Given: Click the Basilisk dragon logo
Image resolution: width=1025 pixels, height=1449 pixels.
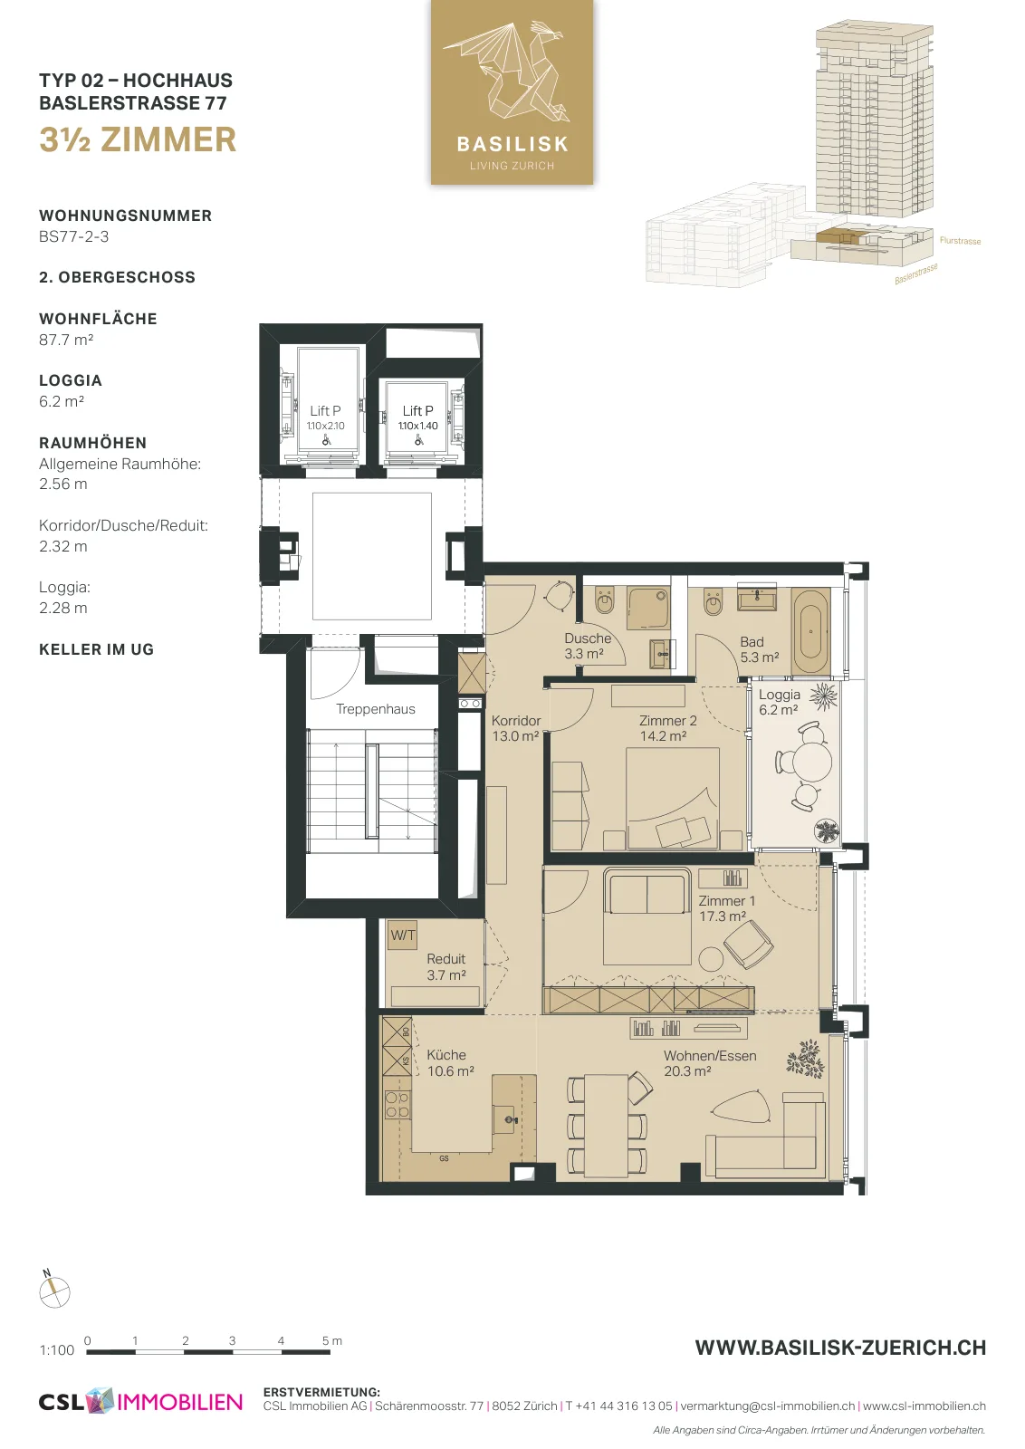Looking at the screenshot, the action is (x=512, y=92).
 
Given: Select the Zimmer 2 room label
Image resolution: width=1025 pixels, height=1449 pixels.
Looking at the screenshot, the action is (x=667, y=728).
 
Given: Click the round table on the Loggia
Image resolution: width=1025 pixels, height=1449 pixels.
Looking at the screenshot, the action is (x=813, y=762).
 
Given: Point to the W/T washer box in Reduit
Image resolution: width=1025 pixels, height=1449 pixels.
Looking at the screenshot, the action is (x=402, y=936).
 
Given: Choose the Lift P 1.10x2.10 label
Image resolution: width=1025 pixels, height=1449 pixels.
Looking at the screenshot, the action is (x=325, y=417).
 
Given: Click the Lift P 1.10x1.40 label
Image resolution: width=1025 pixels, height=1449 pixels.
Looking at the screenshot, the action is (x=417, y=417).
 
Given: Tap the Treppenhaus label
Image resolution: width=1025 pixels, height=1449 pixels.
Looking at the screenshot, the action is (x=375, y=709).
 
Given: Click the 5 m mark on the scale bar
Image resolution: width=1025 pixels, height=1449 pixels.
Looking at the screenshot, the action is (x=331, y=1341).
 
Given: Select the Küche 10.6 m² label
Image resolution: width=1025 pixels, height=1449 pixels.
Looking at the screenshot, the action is (x=450, y=1063).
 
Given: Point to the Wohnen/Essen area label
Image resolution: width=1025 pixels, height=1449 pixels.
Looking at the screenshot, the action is (x=709, y=1063).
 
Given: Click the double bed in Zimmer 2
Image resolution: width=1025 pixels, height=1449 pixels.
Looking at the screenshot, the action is (x=673, y=798).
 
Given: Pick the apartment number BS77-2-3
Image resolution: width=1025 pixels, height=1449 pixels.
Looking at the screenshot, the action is (x=73, y=236).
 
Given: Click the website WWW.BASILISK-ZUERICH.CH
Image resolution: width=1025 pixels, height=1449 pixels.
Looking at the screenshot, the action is (x=840, y=1348).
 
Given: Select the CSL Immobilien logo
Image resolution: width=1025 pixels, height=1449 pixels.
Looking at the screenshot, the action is (x=140, y=1401).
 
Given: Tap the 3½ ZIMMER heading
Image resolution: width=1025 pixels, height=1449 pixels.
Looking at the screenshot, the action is (x=138, y=139).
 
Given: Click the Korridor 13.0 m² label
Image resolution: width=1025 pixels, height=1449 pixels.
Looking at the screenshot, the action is (x=515, y=728).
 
